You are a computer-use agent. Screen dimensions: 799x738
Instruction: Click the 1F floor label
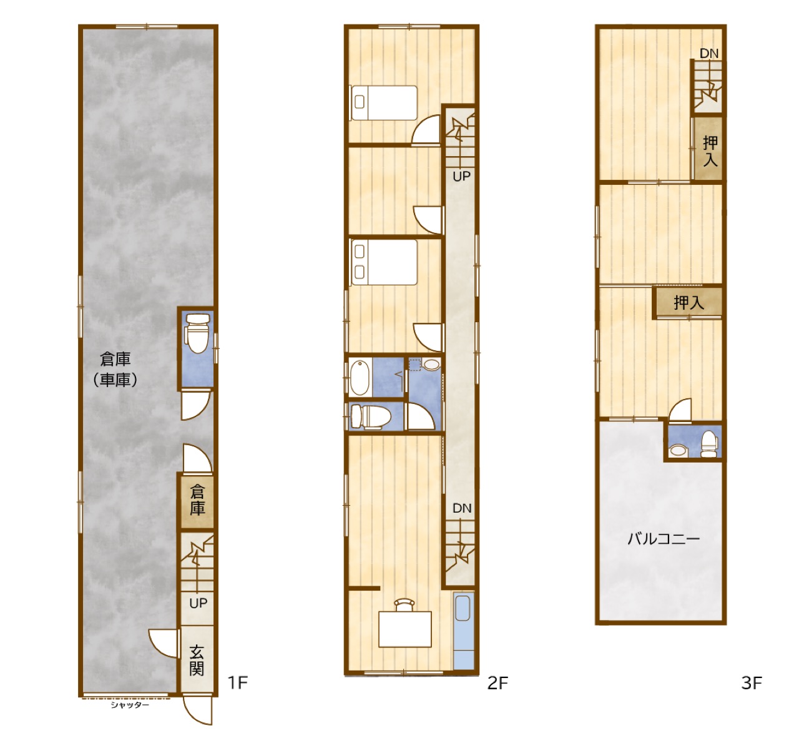pyautogui.click(x=237, y=682)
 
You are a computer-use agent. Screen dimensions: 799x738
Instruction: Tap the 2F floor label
pyautogui.click(x=498, y=683)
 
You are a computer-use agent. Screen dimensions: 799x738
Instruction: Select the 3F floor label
pyautogui.click(x=752, y=683)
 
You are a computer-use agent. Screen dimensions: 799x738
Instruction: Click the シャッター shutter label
pyautogui.click(x=130, y=705)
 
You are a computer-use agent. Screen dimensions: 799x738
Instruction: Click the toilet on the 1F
pyautogui.click(x=197, y=333)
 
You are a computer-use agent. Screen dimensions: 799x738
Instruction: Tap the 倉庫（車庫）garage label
pyautogui.click(x=115, y=369)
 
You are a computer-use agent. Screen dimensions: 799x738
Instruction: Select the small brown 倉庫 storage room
pyautogui.click(x=197, y=502)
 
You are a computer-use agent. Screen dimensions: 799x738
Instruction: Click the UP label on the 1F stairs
pyautogui.click(x=198, y=603)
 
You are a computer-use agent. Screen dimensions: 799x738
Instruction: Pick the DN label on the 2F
pyautogui.click(x=462, y=508)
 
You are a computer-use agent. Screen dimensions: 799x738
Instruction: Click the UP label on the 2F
pyautogui.click(x=461, y=176)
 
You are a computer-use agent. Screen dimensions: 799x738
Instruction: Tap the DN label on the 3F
pyautogui.click(x=709, y=53)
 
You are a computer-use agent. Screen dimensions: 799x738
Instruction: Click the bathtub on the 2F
pyautogui.click(x=360, y=378)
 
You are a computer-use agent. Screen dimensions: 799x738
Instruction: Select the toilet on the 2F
pyautogui.click(x=370, y=416)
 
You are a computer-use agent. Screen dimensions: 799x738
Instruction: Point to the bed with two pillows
pyautogui.click(x=385, y=262)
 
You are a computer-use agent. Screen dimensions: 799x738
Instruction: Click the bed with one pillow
pyautogui.click(x=385, y=102)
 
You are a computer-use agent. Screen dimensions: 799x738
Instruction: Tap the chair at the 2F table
pyautogui.click(x=404, y=604)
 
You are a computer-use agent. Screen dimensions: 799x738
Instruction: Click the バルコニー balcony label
pyautogui.click(x=664, y=539)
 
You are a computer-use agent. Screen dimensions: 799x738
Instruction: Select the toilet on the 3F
pyautogui.click(x=709, y=444)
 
